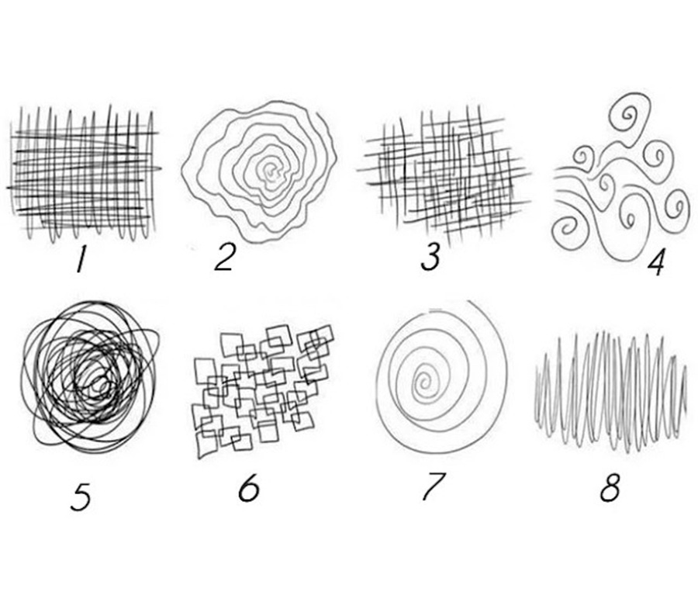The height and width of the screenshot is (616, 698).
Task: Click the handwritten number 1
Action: point(81,260)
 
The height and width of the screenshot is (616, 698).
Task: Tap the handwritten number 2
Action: point(224,258)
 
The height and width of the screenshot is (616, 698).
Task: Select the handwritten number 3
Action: point(430,257)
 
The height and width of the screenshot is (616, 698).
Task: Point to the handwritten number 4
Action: point(655,261)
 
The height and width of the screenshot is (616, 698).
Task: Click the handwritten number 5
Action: point(81,497)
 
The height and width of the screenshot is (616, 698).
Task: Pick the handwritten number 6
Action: point(248,488)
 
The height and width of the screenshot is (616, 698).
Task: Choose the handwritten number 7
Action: point(433,486)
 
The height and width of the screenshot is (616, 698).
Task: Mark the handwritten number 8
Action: point(610,488)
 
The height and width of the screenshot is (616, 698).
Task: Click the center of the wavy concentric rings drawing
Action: point(270,170)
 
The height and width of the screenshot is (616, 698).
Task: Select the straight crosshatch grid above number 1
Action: point(84,173)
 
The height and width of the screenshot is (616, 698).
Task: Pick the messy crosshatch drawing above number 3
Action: point(444,175)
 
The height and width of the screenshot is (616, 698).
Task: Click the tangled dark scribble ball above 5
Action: point(89,376)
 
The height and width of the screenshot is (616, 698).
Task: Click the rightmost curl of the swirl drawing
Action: point(678,208)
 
